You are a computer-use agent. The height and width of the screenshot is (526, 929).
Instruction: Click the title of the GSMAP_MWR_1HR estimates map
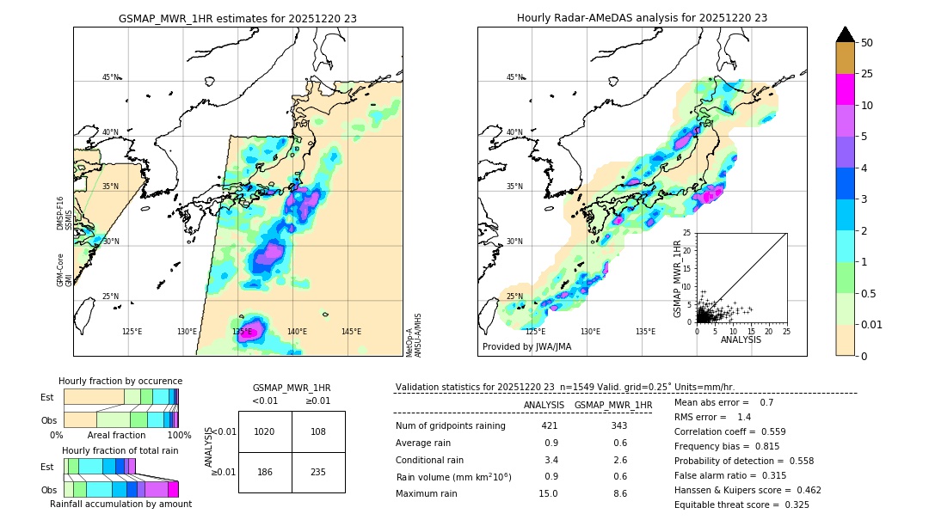[237, 18]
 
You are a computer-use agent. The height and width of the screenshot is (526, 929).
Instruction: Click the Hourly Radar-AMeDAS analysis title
[642, 18]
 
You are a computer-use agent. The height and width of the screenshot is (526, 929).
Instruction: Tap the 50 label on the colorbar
[867, 43]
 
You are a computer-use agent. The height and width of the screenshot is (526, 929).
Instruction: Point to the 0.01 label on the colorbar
[872, 325]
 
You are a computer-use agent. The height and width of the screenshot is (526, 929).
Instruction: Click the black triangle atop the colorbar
[846, 34]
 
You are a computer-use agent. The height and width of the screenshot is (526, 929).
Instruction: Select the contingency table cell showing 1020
[265, 431]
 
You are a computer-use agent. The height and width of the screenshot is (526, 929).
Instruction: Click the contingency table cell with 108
[318, 431]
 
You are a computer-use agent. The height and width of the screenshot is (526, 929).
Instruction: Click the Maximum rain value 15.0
[549, 493]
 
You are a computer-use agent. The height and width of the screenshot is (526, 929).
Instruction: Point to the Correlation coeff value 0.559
[789, 432]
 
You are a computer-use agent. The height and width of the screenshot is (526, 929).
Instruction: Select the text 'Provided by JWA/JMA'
[526, 346]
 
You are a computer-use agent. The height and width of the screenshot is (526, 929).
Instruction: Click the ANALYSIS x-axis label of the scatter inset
[741, 339]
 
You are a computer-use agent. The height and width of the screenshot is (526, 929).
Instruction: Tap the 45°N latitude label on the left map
[111, 77]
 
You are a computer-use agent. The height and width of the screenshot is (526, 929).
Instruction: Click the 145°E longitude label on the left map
[351, 332]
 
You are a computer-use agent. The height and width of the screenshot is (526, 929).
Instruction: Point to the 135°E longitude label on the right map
[646, 332]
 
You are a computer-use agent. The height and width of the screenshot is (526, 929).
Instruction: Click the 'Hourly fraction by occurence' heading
[120, 381]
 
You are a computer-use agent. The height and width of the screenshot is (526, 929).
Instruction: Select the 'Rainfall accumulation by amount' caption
[120, 504]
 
